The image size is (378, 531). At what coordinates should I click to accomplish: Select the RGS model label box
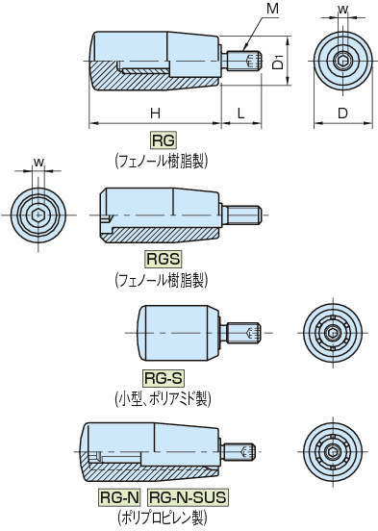click(x=163, y=259)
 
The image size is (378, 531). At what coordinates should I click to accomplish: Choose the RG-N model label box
click(x=120, y=497)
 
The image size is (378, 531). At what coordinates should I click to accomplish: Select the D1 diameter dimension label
click(x=277, y=63)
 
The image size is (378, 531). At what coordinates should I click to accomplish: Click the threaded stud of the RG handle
click(x=244, y=63)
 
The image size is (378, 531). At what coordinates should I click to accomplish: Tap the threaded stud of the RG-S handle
click(x=242, y=333)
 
